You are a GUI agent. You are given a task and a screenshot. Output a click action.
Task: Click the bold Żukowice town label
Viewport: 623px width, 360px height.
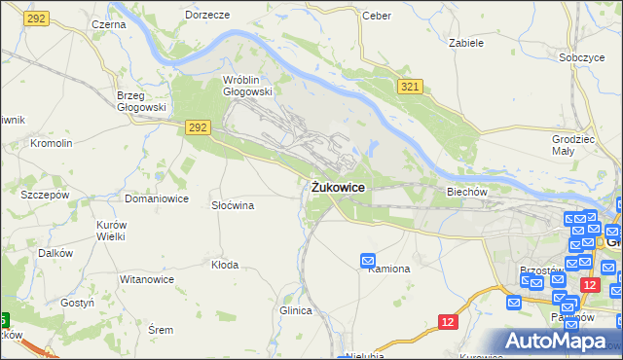click(339, 187)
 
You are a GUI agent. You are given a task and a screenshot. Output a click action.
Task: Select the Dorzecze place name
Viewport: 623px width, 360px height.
click(207, 16)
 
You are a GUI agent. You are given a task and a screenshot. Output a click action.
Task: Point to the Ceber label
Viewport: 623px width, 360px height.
click(376, 16)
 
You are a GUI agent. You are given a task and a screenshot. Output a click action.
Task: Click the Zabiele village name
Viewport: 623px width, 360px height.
click(466, 43)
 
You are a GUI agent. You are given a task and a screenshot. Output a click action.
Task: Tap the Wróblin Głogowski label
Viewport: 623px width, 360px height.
click(247, 86)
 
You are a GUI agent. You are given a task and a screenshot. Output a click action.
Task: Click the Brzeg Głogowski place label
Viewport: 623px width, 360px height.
click(141, 101)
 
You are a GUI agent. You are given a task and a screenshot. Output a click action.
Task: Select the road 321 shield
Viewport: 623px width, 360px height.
click(411, 88)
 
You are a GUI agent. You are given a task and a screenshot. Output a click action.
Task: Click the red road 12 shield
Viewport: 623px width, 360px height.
click(589, 283)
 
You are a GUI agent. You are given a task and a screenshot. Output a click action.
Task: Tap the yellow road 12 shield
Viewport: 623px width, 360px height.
click(448, 321)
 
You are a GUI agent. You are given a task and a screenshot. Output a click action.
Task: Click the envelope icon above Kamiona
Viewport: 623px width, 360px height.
click(368, 260)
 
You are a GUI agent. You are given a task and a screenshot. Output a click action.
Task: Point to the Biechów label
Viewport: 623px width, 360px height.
click(466, 192)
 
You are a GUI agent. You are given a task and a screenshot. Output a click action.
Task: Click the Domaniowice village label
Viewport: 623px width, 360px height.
click(156, 198)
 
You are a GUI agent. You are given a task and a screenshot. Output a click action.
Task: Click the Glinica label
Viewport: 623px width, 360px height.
click(296, 310)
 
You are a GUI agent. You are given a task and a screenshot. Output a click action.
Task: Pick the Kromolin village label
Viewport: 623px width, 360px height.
click(52, 143)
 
